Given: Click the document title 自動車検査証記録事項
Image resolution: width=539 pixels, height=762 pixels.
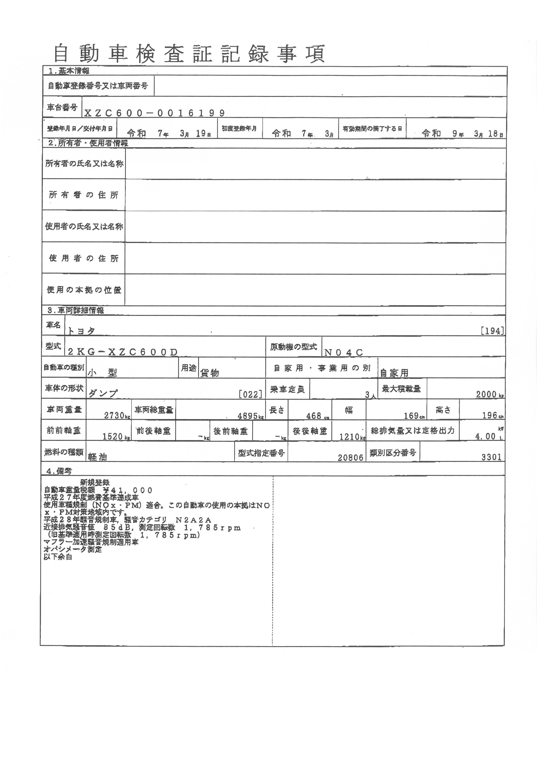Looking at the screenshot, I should tap(189, 54).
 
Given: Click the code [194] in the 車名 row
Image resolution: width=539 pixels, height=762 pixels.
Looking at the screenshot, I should tap(492, 331).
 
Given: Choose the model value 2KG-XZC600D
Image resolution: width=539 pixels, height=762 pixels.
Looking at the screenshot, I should tap(123, 352).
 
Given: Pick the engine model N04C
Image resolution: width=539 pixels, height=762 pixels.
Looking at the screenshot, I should tap(344, 352).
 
